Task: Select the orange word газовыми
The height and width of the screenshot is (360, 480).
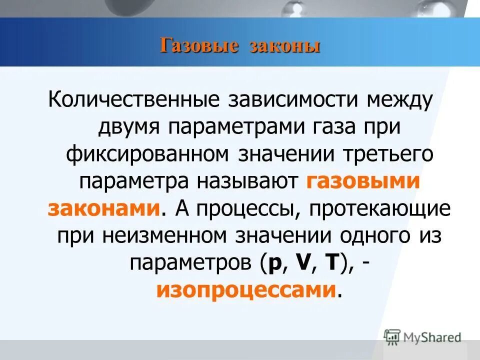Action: point(361,180)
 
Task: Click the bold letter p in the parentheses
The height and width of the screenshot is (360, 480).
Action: point(274,262)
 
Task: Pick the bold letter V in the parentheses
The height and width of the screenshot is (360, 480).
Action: point(302,262)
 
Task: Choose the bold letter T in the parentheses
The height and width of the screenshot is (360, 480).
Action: point(329,262)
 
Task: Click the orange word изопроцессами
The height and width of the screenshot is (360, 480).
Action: point(245,290)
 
